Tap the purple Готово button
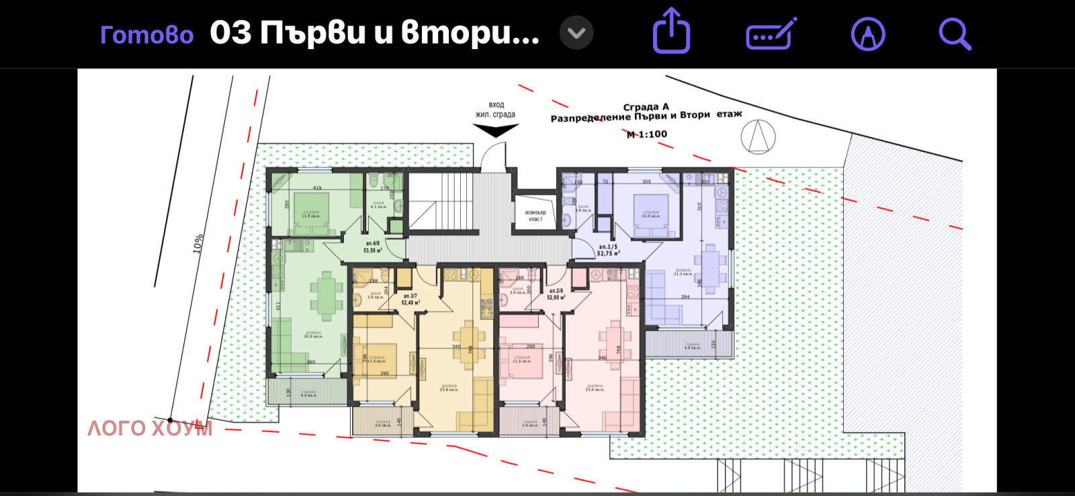click(x=146, y=34)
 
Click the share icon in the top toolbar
click(x=671, y=31)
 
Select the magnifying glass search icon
click(x=955, y=34)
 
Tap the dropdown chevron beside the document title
click(x=576, y=34)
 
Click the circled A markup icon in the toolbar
click(x=868, y=34)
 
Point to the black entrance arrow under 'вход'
click(x=496, y=130)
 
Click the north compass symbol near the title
click(x=758, y=136)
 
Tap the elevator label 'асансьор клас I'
click(x=535, y=216)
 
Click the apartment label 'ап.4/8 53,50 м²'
click(x=372, y=247)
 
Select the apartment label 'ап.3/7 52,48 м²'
click(x=410, y=299)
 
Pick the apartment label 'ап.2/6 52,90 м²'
click(x=556, y=294)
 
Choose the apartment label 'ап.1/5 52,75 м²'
click(x=608, y=250)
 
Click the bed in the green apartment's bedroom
click(x=311, y=213)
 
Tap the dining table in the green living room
click(x=327, y=295)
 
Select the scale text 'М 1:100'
click(x=647, y=134)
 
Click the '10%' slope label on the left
click(x=198, y=243)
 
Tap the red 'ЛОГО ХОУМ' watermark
click(x=150, y=428)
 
